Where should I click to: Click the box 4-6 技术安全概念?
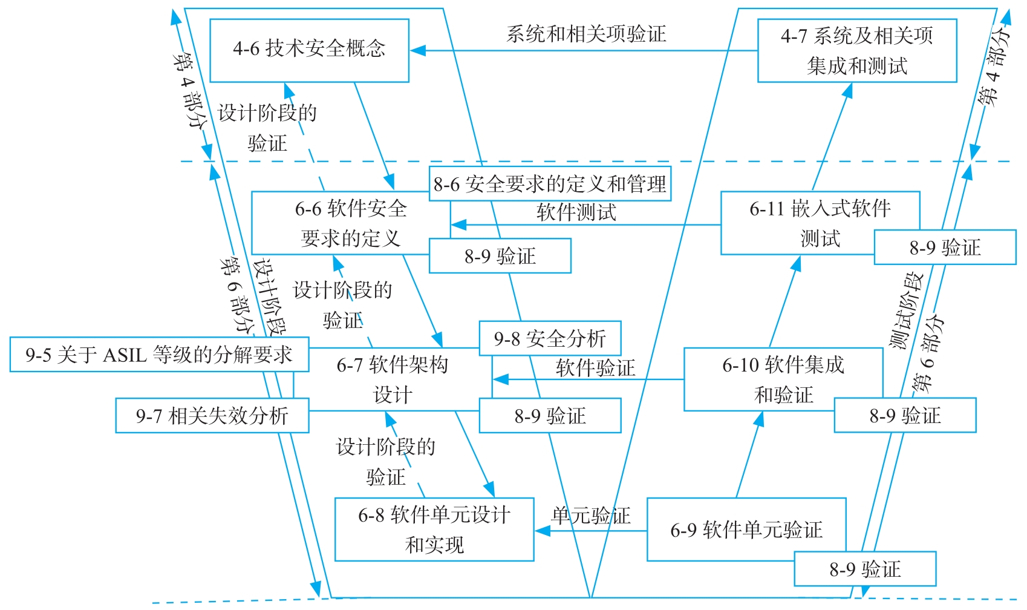tap(309, 50)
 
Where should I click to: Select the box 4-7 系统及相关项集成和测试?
tap(856, 50)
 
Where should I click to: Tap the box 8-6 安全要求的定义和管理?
tap(550, 183)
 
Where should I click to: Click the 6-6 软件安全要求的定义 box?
tap(350, 223)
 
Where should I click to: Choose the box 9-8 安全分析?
tap(550, 338)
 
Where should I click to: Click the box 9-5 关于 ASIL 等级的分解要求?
tap(159, 355)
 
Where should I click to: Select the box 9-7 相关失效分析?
tap(212, 416)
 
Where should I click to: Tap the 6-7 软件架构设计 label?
tap(393, 379)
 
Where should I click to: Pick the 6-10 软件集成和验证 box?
tap(783, 379)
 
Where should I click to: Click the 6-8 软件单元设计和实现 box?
tap(434, 530)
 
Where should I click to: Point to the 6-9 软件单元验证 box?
tap(746, 530)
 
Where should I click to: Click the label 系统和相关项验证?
tap(585, 34)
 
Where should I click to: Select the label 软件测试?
tap(576, 212)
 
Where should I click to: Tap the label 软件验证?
tap(595, 367)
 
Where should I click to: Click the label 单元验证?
tap(590, 516)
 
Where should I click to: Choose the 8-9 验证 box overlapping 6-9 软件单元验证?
tap(865, 569)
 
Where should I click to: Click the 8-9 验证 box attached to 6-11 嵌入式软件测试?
tap(945, 247)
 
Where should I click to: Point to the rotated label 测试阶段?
tap(906, 310)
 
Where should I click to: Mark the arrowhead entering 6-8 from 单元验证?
tap(542, 531)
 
